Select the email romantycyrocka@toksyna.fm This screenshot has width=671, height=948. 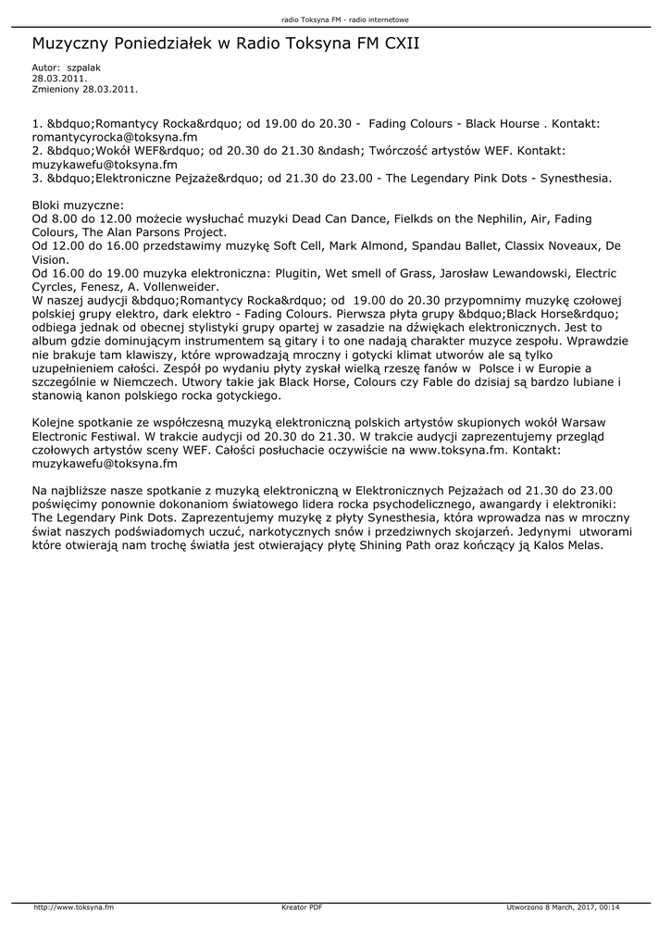click(115, 136)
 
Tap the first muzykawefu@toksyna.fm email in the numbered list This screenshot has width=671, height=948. click(105, 164)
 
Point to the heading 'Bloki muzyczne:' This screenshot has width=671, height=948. click(78, 205)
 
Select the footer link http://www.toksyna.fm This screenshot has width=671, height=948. click(74, 907)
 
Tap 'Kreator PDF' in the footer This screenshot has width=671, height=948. click(302, 907)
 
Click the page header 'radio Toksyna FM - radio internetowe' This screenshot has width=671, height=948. click(335, 19)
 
